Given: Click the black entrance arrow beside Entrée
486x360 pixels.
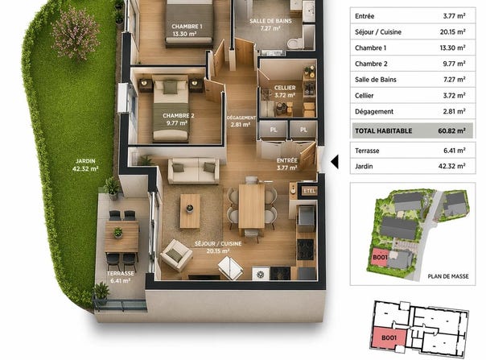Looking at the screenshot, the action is click(335, 162).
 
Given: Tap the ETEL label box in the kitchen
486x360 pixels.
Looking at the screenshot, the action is click(309, 191).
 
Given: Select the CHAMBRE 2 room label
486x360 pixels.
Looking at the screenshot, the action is click(178, 116).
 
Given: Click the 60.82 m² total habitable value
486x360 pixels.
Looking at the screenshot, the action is click(451, 130).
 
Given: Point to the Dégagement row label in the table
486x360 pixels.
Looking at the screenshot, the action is click(374, 111).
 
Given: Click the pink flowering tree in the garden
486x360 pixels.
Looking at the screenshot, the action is click(76, 33).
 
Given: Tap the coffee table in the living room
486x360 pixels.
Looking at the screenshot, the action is click(190, 211).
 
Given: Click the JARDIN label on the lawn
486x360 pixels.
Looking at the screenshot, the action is click(85, 161).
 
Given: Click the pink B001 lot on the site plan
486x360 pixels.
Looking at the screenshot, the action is click(380, 258).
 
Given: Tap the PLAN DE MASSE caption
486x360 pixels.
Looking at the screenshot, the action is click(448, 276).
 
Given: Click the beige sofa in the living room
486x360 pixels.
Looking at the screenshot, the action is click(194, 171).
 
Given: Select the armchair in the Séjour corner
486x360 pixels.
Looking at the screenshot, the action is click(176, 255).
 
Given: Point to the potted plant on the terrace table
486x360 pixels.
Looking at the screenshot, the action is click(117, 233).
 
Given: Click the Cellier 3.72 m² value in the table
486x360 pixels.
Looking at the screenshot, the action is click(454, 95).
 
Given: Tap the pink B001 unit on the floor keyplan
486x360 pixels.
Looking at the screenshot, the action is click(389, 337).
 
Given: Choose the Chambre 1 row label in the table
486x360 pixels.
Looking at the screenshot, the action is click(371, 48).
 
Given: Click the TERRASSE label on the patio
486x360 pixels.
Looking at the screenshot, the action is click(121, 273).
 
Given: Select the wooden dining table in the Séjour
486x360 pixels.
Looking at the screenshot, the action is click(252, 206).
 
